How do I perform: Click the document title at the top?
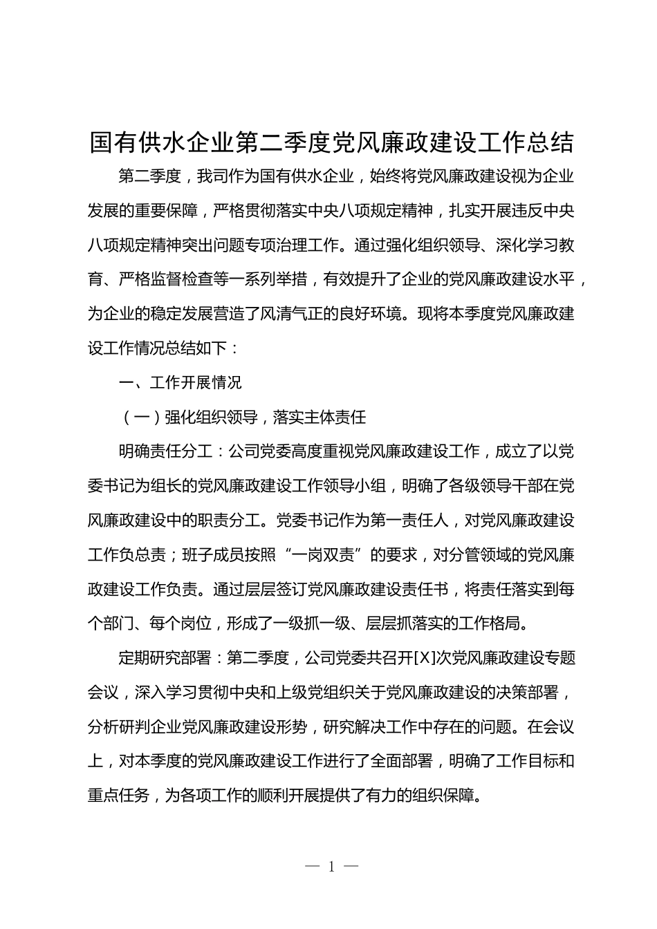pos(332,142)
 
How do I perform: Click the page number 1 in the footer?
pos(332,866)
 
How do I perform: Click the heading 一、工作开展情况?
pos(180,382)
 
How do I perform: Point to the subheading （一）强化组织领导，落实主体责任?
pos(242,417)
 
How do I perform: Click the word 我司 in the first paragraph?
pos(212,176)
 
